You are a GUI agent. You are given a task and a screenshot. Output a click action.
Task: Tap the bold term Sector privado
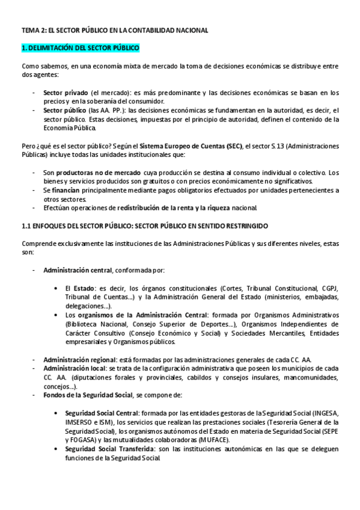click(66, 93)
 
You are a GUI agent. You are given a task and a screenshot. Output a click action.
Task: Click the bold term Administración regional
click(79, 360)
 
